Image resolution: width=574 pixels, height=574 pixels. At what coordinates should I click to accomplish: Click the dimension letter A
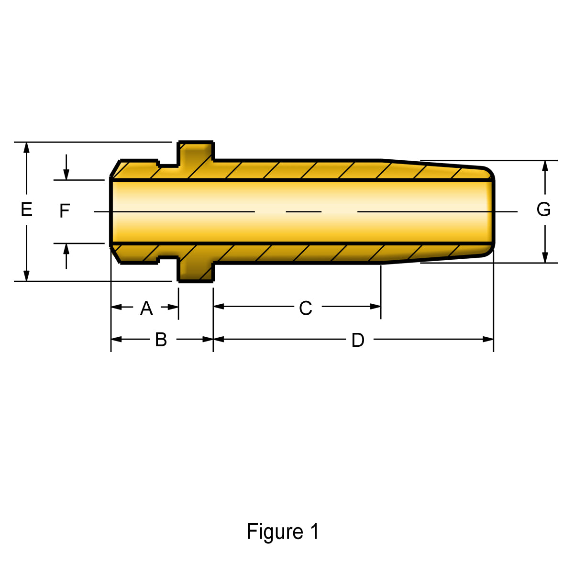click(x=146, y=308)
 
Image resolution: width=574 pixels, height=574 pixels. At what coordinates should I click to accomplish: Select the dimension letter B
click(x=161, y=340)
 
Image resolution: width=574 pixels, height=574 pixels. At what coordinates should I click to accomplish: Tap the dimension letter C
click(x=305, y=308)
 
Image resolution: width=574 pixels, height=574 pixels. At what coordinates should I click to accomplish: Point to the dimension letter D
click(x=358, y=340)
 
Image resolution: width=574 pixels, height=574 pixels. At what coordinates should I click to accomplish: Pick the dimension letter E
click(x=26, y=209)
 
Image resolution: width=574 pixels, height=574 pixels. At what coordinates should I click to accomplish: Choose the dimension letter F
click(x=65, y=210)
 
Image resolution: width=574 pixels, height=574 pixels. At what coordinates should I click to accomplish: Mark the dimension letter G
click(x=543, y=209)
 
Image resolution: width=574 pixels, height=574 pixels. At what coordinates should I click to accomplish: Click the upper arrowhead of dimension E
click(x=26, y=148)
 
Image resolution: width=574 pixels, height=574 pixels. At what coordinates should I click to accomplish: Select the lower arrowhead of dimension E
click(x=26, y=276)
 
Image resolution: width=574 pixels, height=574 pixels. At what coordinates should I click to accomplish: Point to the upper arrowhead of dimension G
click(x=545, y=166)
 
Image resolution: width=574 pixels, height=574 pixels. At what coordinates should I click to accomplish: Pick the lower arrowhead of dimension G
click(x=545, y=258)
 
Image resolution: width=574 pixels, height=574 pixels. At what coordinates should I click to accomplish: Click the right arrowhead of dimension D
click(x=488, y=339)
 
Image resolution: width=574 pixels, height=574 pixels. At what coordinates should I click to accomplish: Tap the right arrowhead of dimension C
click(x=375, y=307)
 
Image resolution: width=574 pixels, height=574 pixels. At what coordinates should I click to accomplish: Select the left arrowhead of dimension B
click(x=116, y=339)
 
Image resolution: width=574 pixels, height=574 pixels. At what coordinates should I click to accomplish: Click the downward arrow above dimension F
click(x=66, y=167)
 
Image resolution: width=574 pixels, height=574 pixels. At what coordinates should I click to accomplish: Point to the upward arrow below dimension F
click(x=66, y=256)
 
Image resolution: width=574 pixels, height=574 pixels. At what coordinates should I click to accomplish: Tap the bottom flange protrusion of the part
click(x=196, y=269)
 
